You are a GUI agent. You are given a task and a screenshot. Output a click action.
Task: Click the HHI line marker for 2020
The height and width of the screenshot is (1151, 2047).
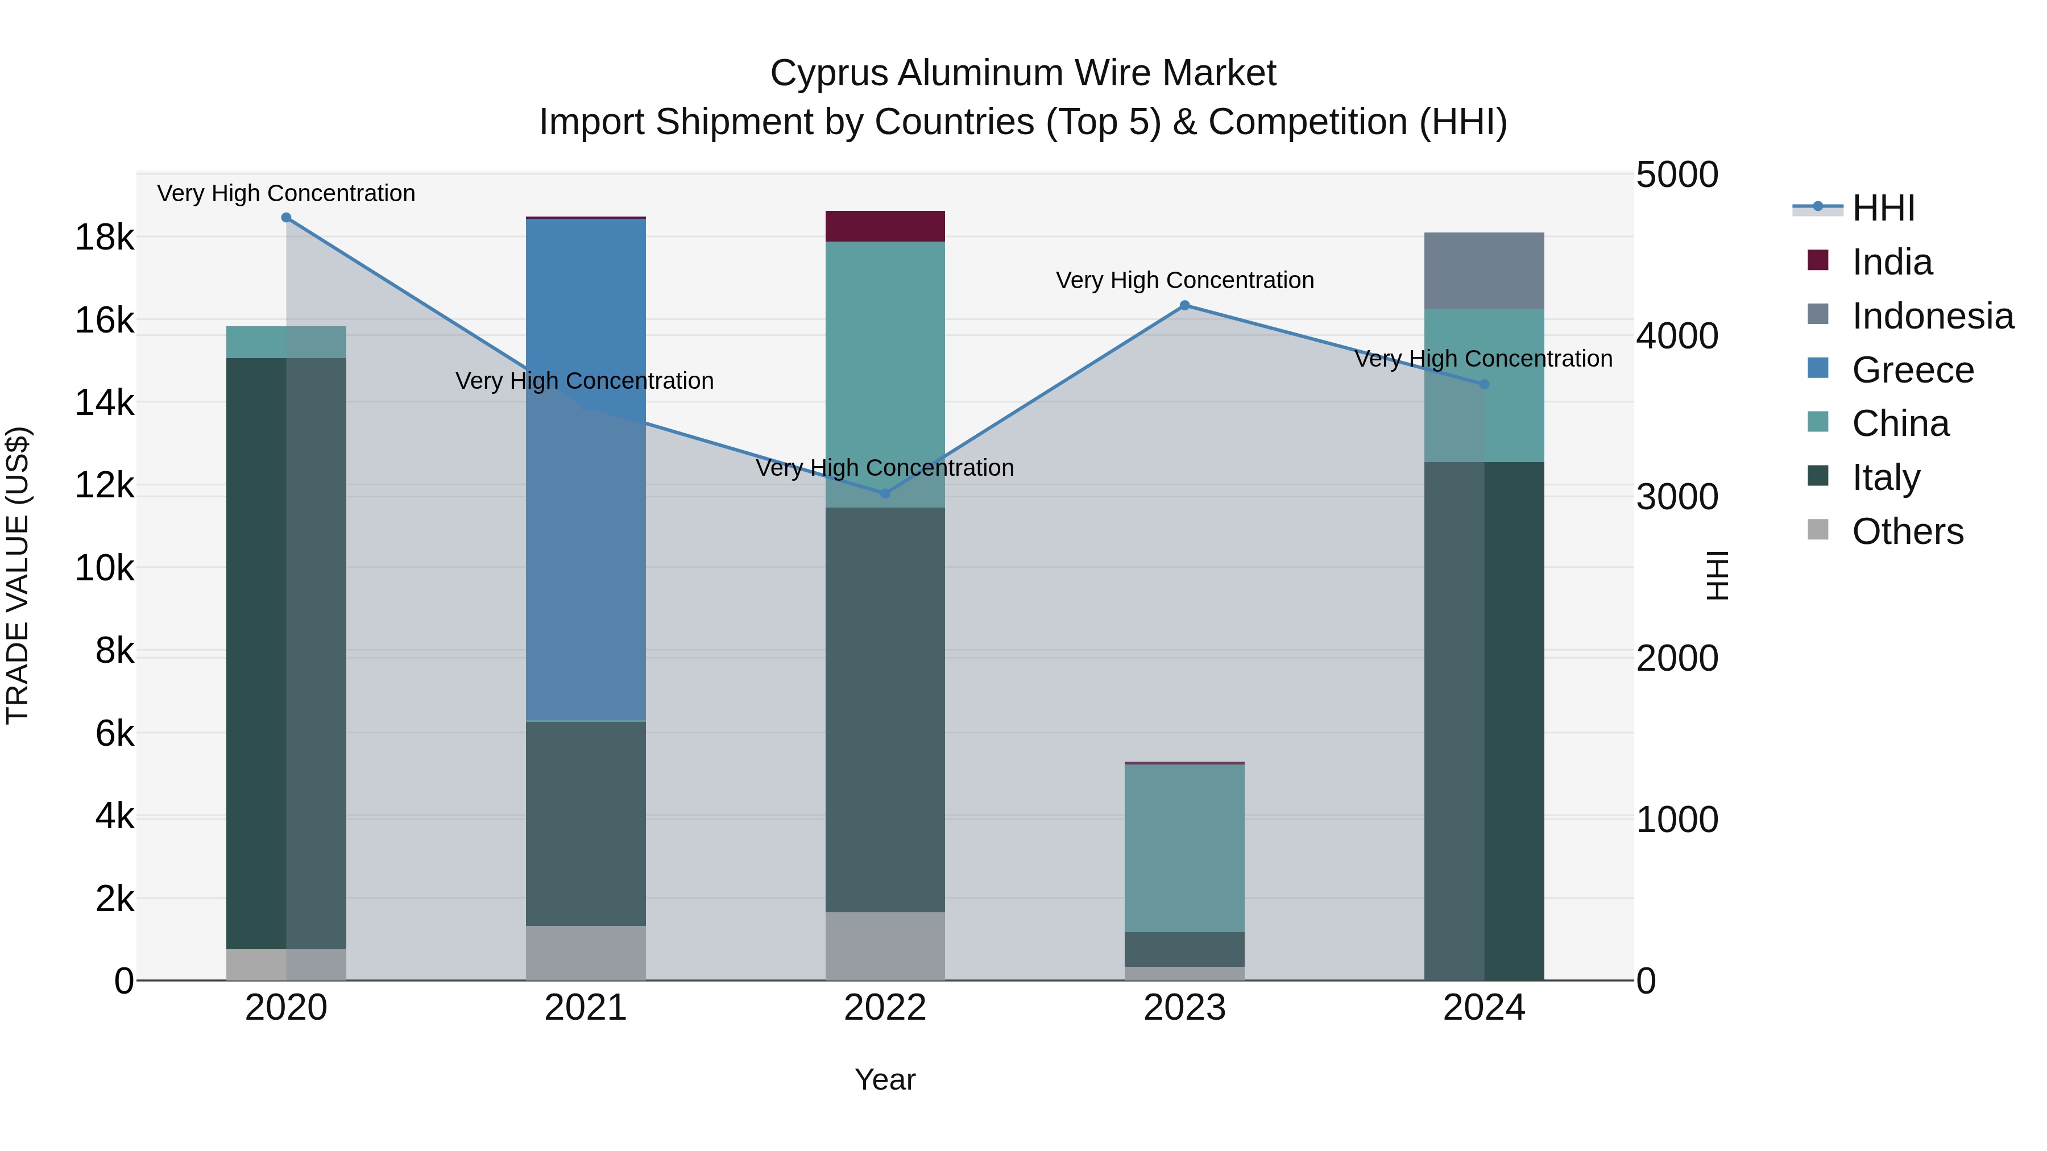(286, 218)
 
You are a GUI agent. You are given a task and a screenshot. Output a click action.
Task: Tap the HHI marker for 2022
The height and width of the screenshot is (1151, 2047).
(885, 493)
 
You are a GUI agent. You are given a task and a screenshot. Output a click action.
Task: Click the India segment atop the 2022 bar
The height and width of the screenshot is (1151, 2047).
(885, 226)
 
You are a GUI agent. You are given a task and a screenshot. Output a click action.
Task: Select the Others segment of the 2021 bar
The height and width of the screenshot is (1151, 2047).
(586, 953)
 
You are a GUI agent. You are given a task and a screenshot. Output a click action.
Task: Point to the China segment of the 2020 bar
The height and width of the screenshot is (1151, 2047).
(286, 342)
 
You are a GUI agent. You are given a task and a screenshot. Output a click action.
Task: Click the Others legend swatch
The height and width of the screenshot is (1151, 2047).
(1818, 530)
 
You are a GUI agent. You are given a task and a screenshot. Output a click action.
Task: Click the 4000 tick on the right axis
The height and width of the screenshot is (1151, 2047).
(1677, 336)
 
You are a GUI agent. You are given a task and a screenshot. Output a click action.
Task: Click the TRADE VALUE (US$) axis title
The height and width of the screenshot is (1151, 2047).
(18, 575)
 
